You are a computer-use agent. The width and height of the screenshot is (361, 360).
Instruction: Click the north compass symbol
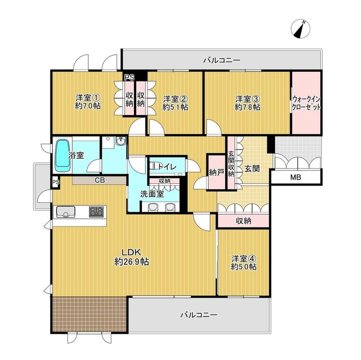pos(300,29)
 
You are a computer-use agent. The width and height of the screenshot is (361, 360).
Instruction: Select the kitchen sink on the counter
pos(66,212)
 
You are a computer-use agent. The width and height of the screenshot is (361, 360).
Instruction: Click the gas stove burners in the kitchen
pos(96,212)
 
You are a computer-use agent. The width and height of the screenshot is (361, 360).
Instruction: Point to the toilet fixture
pos(155,166)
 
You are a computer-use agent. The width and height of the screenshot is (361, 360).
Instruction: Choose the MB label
pos(296,177)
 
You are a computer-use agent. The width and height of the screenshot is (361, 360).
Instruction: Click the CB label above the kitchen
pos(100,180)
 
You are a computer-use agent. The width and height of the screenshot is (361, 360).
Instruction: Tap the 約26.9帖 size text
pos(131,262)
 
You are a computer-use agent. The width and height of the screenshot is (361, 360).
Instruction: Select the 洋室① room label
pos(88,98)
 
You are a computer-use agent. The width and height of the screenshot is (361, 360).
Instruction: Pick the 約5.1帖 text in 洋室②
pos(175,107)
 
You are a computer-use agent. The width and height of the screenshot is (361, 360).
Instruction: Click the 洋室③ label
pos(248,99)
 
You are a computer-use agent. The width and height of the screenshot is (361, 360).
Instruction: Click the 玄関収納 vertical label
pos(231,163)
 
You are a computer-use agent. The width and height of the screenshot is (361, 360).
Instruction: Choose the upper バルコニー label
pos(222,61)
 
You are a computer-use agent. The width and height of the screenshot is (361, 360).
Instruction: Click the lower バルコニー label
pos(199,315)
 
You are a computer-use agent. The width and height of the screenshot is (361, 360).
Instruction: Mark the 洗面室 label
pos(152,194)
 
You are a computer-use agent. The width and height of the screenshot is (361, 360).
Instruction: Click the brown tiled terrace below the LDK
pos(89,314)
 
